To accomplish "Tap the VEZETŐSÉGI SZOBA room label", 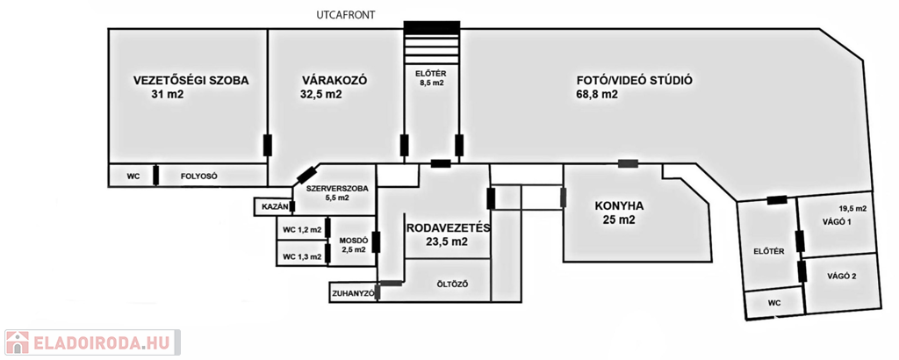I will click(191, 80).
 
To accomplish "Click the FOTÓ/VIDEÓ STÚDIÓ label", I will click(634, 80).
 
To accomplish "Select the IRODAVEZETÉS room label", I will click(448, 227).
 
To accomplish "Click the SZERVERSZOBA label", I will click(337, 188).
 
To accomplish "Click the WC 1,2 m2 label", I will click(301, 230).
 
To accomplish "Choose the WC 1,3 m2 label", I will click(301, 256).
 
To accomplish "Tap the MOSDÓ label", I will click(354, 239).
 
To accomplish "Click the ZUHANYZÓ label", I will click(352, 292).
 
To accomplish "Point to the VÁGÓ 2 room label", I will click(841, 277).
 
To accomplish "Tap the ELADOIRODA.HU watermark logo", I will click(91, 342).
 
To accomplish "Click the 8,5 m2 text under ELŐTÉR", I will click(430, 84).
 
